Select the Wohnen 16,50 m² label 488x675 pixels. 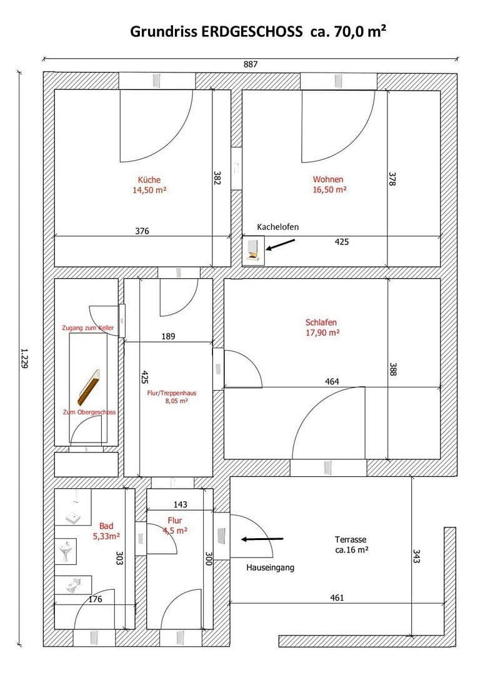pyautogui.click(x=329, y=184)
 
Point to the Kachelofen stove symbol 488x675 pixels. pyautogui.click(x=254, y=251)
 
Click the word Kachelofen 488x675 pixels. pyautogui.click(x=277, y=227)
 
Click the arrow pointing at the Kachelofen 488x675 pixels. pyautogui.click(x=280, y=244)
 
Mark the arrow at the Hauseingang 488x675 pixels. pyautogui.click(x=262, y=539)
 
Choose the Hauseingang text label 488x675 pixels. pyautogui.click(x=271, y=567)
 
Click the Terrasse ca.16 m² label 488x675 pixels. pyautogui.click(x=351, y=544)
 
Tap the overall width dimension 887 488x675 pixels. pyautogui.click(x=251, y=64)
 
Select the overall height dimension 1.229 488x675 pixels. pyautogui.click(x=24, y=359)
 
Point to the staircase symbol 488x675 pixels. pyautogui.click(x=88, y=387)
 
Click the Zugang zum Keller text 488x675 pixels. pyautogui.click(x=87, y=328)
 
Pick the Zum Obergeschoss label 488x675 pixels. pyautogui.click(x=89, y=412)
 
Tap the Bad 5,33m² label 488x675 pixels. pyautogui.click(x=106, y=531)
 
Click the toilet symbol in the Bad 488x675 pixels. pyautogui.click(x=72, y=585)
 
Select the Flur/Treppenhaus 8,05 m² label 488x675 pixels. pyautogui.click(x=172, y=397)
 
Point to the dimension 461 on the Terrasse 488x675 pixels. pyautogui.click(x=337, y=597)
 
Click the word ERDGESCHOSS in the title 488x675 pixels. pyautogui.click(x=252, y=31)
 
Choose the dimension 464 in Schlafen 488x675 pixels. pyautogui.click(x=332, y=381)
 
